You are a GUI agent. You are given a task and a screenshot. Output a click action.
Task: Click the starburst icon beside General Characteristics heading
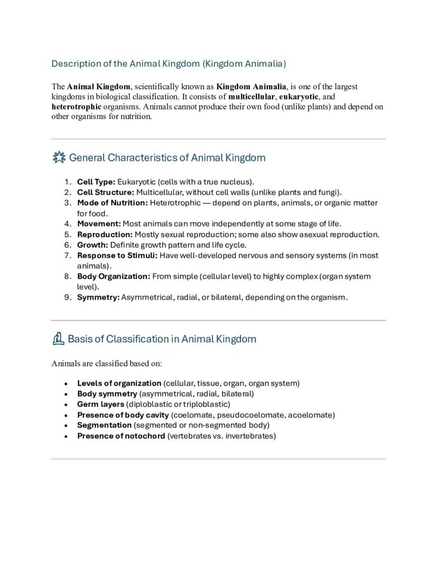[x=58, y=158]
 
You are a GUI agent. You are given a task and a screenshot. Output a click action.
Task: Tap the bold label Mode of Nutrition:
[x=113, y=203]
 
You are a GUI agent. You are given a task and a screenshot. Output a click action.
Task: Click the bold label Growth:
[x=92, y=245]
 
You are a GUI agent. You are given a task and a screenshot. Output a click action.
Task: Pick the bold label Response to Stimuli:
[x=117, y=255]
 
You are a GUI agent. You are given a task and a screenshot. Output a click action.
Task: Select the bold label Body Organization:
[x=113, y=276]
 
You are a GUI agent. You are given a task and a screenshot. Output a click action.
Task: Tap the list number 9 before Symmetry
[x=66, y=297]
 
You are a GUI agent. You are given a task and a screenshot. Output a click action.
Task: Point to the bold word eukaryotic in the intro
[x=299, y=97]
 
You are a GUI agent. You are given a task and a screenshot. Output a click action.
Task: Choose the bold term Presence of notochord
[x=121, y=436]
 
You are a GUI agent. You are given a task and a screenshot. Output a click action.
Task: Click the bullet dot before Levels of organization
[x=66, y=384]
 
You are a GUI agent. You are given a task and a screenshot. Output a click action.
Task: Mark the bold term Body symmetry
[x=107, y=394]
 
